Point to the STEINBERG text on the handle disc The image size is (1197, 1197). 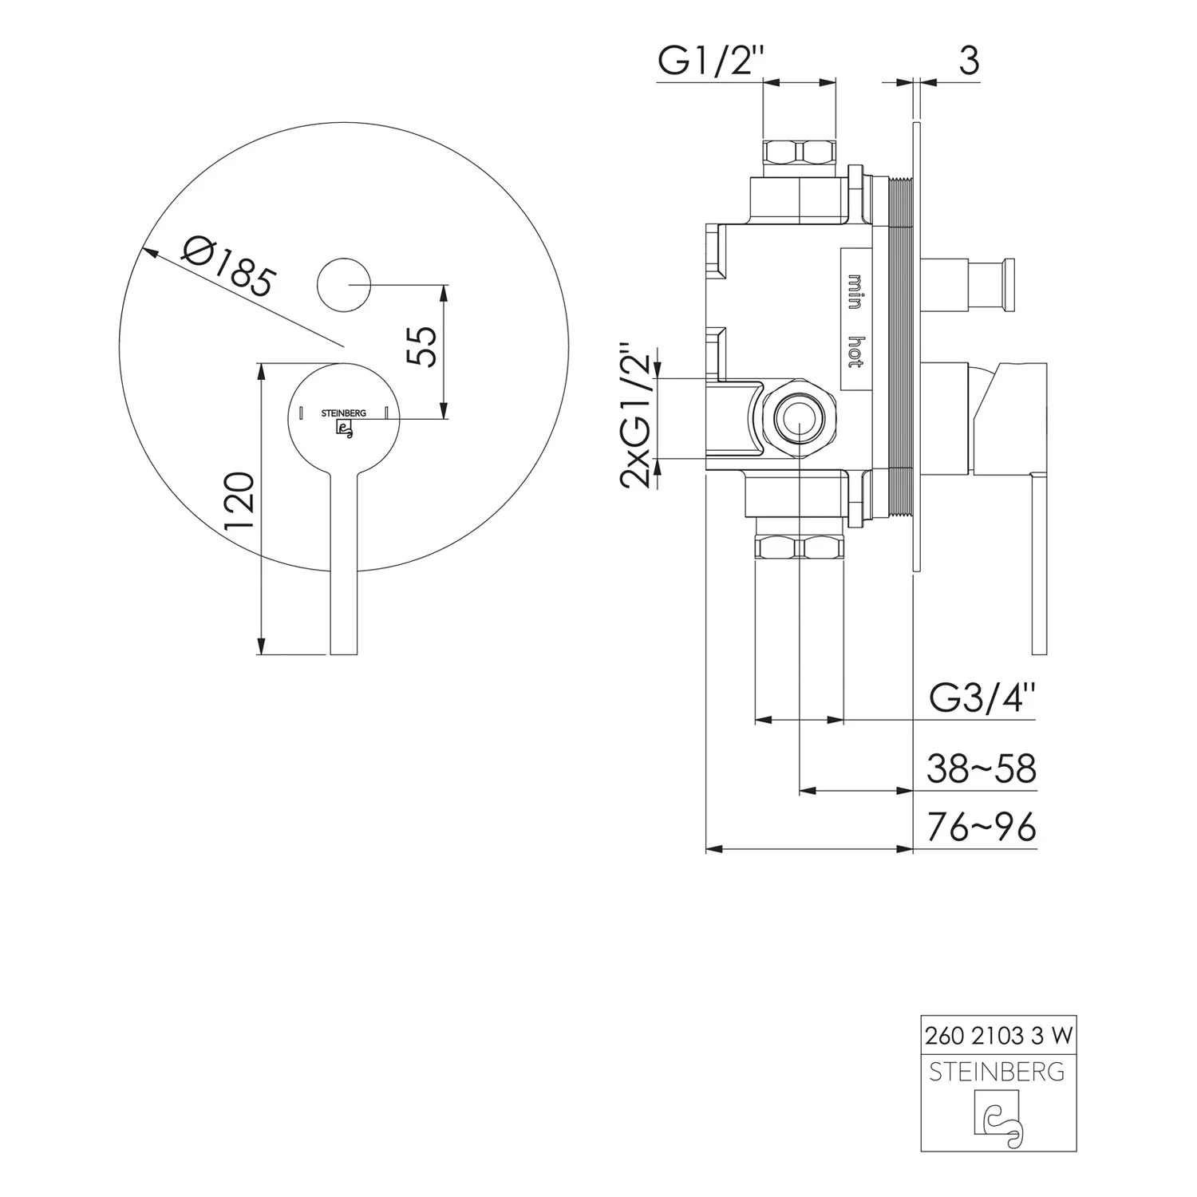tap(344, 413)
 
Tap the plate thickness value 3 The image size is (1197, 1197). tap(968, 61)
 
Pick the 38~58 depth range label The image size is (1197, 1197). tap(982, 769)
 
